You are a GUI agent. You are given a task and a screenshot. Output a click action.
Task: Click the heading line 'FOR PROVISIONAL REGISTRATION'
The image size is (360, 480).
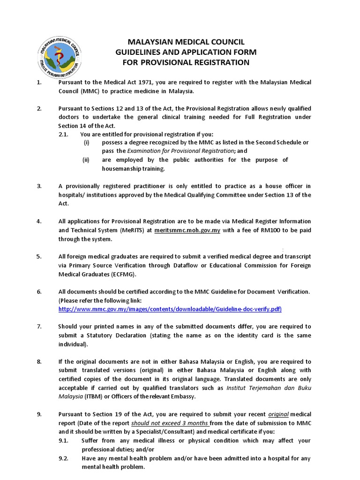pos(186,62)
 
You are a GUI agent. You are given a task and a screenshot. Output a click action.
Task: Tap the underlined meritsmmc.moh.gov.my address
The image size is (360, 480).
pos(184,230)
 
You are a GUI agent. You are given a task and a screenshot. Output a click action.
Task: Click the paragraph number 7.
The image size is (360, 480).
pos(39,327)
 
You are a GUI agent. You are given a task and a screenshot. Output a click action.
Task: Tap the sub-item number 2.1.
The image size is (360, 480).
pos(63,134)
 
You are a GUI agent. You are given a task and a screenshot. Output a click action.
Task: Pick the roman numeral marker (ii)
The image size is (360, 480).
pos(86,160)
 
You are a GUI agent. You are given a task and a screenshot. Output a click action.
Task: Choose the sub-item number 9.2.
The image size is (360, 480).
pos(63,458)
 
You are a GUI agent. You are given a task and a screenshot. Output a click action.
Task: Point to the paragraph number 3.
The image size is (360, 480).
pos(39,186)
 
